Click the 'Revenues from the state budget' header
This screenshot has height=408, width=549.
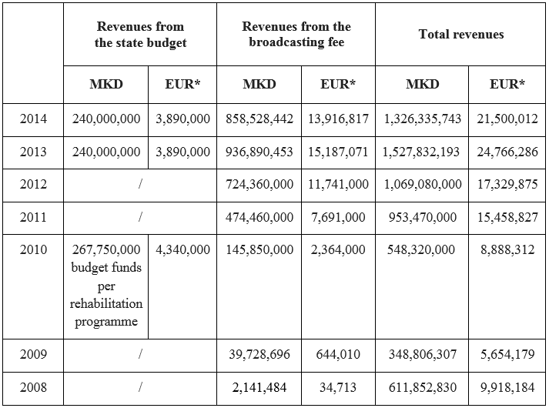[x=140, y=35]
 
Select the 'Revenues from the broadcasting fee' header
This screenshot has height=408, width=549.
[x=296, y=35]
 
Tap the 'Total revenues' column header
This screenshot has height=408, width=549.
[x=461, y=34]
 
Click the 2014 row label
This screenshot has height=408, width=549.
[x=33, y=119]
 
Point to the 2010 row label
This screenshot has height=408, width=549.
[x=33, y=249]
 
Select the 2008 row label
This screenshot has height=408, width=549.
[x=33, y=387]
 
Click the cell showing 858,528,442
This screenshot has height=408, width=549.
[x=259, y=119]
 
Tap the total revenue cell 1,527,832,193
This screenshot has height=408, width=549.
[x=421, y=152]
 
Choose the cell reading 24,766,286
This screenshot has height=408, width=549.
[x=507, y=152]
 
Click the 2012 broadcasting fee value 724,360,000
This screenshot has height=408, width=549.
[x=259, y=185]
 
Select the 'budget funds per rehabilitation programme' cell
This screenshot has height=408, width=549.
[x=106, y=286]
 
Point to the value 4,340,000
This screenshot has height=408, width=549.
[x=182, y=249]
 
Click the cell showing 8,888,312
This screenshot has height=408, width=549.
[x=507, y=249]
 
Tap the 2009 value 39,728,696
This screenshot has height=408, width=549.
[x=259, y=354]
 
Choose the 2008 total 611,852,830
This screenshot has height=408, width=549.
[x=421, y=387]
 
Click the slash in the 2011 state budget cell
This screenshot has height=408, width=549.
[x=140, y=218]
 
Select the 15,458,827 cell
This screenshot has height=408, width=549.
[x=507, y=217]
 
